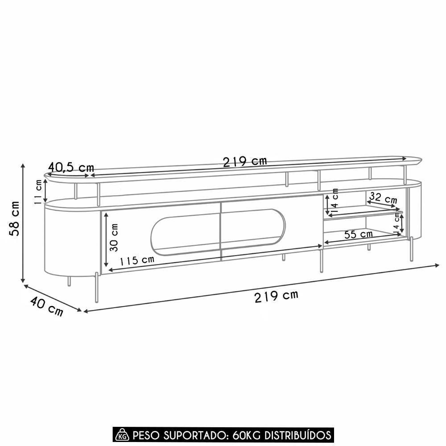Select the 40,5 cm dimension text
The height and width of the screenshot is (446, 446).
[71, 167]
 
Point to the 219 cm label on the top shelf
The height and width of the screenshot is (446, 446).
[245, 161]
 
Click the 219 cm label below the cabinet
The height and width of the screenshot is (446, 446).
[276, 295]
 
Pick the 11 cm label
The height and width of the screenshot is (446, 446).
[38, 191]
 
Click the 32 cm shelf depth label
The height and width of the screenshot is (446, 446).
[383, 198]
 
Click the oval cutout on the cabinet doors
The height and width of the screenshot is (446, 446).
[218, 231]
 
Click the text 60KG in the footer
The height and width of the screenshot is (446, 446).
[246, 435]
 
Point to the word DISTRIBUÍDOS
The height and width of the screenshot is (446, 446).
[298, 435]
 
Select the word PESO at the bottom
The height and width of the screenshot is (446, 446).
[145, 435]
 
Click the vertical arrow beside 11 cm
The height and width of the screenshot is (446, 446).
[45, 191]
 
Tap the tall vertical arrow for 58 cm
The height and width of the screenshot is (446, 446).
[23, 223]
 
